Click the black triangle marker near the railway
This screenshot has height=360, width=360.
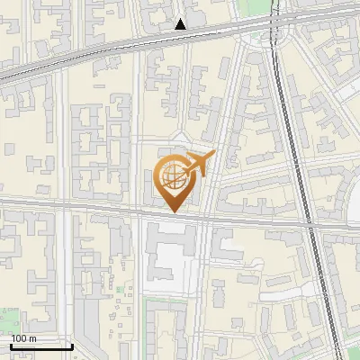click(x=181, y=24)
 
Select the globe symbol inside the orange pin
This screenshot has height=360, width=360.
click(x=172, y=177)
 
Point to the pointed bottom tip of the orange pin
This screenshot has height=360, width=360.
click(x=172, y=211)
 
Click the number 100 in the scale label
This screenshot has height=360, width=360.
click(x=19, y=338)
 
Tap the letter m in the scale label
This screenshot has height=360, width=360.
click(x=32, y=338)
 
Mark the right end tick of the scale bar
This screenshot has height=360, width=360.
click(x=72, y=346)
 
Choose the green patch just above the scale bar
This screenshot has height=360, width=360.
click(x=7, y=319)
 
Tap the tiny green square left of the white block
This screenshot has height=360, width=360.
click(x=121, y=290)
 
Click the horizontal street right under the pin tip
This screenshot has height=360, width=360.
click(x=172, y=216)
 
